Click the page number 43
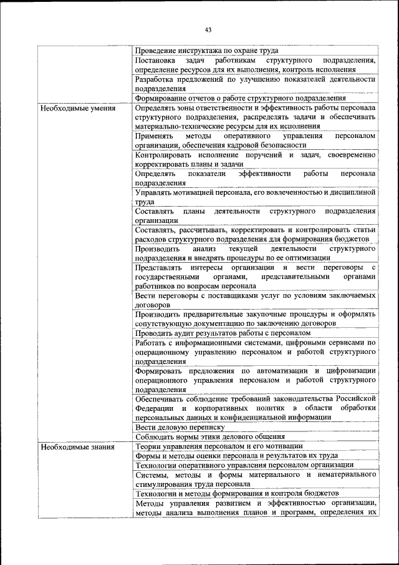[x=208, y=29]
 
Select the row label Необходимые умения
[x=69, y=108]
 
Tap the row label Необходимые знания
[x=69, y=446]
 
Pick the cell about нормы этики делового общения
[x=210, y=437]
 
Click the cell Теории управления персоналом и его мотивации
[x=219, y=446]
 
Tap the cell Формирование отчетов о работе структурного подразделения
[x=240, y=97]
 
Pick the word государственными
[x=167, y=277]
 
